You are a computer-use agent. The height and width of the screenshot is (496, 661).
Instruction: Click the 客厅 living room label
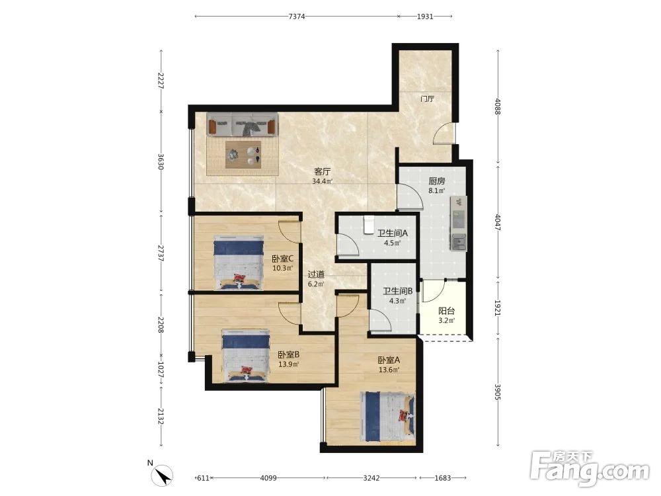[323, 172]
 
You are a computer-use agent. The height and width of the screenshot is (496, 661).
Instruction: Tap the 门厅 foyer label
[428, 99]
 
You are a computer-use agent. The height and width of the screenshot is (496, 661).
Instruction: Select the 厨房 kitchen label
[437, 181]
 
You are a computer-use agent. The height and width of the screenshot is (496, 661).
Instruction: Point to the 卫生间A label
[393, 233]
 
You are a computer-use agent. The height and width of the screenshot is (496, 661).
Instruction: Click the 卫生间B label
[397, 291]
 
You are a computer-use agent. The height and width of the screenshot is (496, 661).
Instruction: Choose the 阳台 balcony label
[446, 311]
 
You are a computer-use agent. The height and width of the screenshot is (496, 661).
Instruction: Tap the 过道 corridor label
[316, 274]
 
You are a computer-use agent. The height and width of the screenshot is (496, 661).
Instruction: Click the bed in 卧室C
[238, 263]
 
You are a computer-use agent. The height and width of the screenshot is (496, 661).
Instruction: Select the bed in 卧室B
[246, 356]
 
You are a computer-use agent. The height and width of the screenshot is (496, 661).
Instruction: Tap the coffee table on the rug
[243, 155]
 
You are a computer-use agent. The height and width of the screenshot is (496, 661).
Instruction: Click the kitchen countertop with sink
[459, 224]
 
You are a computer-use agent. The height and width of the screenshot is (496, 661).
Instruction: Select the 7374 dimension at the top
[297, 17]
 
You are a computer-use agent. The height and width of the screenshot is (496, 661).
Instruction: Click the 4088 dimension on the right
[498, 106]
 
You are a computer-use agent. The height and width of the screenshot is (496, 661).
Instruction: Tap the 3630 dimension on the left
[161, 161]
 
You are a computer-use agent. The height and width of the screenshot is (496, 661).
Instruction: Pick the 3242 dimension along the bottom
[371, 478]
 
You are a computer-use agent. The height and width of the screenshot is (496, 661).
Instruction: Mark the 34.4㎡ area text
[323, 182]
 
